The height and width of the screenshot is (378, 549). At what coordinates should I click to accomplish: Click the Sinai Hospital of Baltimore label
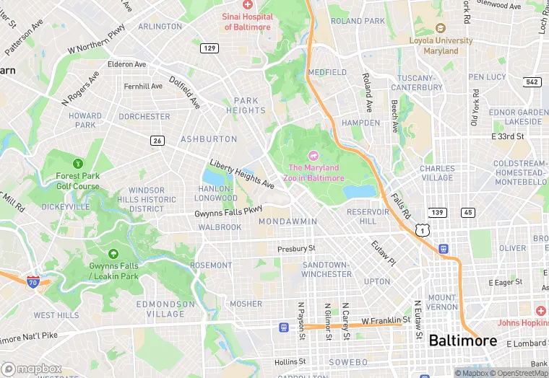point(248,22)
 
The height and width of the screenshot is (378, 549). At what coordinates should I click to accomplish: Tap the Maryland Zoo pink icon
point(314,155)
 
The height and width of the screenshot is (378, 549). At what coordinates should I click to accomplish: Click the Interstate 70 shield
point(32,281)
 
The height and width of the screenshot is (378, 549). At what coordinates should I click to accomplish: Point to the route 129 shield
point(209,48)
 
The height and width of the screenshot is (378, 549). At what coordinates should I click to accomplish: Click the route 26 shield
point(157,140)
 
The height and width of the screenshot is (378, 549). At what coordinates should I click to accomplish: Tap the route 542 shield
point(532,82)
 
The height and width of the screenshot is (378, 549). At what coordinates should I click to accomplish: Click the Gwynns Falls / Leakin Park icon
point(113,254)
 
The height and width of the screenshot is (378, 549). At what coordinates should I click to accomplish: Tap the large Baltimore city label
point(462,340)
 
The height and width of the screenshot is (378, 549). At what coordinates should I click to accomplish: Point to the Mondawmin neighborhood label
point(288,221)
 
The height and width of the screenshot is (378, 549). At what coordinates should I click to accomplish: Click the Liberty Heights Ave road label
point(242,174)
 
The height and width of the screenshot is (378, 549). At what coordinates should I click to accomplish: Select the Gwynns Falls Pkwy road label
point(228,212)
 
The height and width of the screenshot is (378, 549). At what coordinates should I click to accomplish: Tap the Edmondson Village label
point(165,309)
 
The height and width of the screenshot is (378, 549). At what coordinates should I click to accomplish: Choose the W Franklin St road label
point(386,320)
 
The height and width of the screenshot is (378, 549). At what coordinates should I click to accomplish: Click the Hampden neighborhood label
point(360,123)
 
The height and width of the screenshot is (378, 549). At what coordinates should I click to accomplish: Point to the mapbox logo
point(32,368)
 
